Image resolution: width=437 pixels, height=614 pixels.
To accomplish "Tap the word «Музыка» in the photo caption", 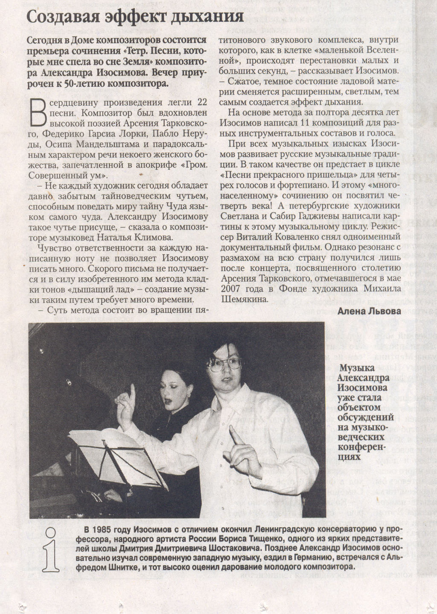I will (x=358, y=368).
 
